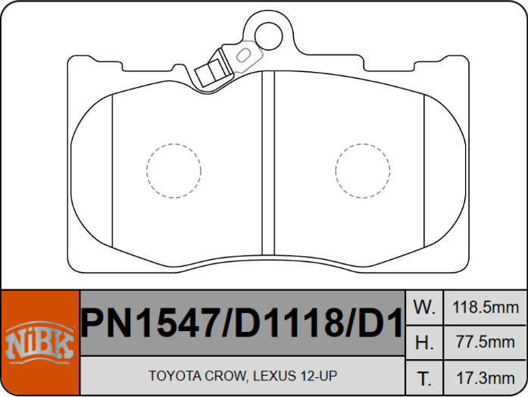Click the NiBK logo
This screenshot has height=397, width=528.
pos(39,342)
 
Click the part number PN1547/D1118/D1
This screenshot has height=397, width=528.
pos(242,323)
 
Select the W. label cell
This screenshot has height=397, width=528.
pos(424,308)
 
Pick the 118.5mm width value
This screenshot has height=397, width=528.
pos(486,308)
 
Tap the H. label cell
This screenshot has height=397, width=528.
pos(424,342)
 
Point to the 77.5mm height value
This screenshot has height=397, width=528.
pos(486,342)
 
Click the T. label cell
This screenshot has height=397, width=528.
pos(424,378)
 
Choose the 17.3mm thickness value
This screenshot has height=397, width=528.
pos(486,378)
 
